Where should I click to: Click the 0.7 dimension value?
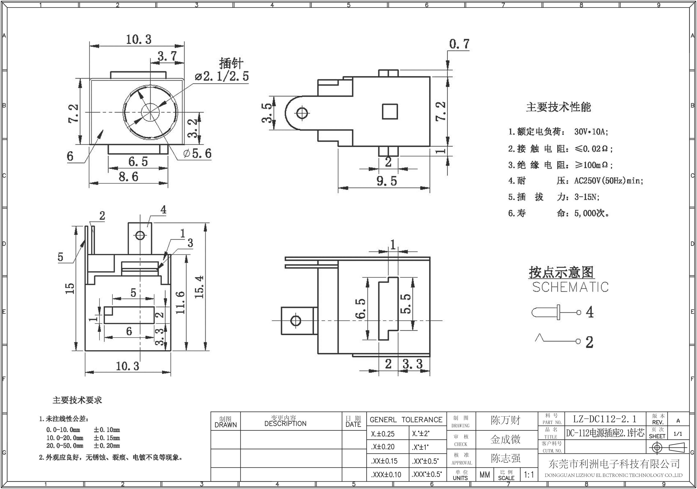(459, 44)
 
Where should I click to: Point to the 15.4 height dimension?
(199, 287)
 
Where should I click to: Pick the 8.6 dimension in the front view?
(128, 176)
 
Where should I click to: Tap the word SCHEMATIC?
(570, 287)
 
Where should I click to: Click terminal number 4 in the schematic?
(589, 312)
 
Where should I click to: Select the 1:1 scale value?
(529, 474)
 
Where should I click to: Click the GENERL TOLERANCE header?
(406, 420)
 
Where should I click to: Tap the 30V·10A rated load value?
(591, 132)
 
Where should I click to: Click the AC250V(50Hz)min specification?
(608, 181)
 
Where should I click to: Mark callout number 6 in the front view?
(70, 156)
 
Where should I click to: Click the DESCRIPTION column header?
(285, 423)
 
